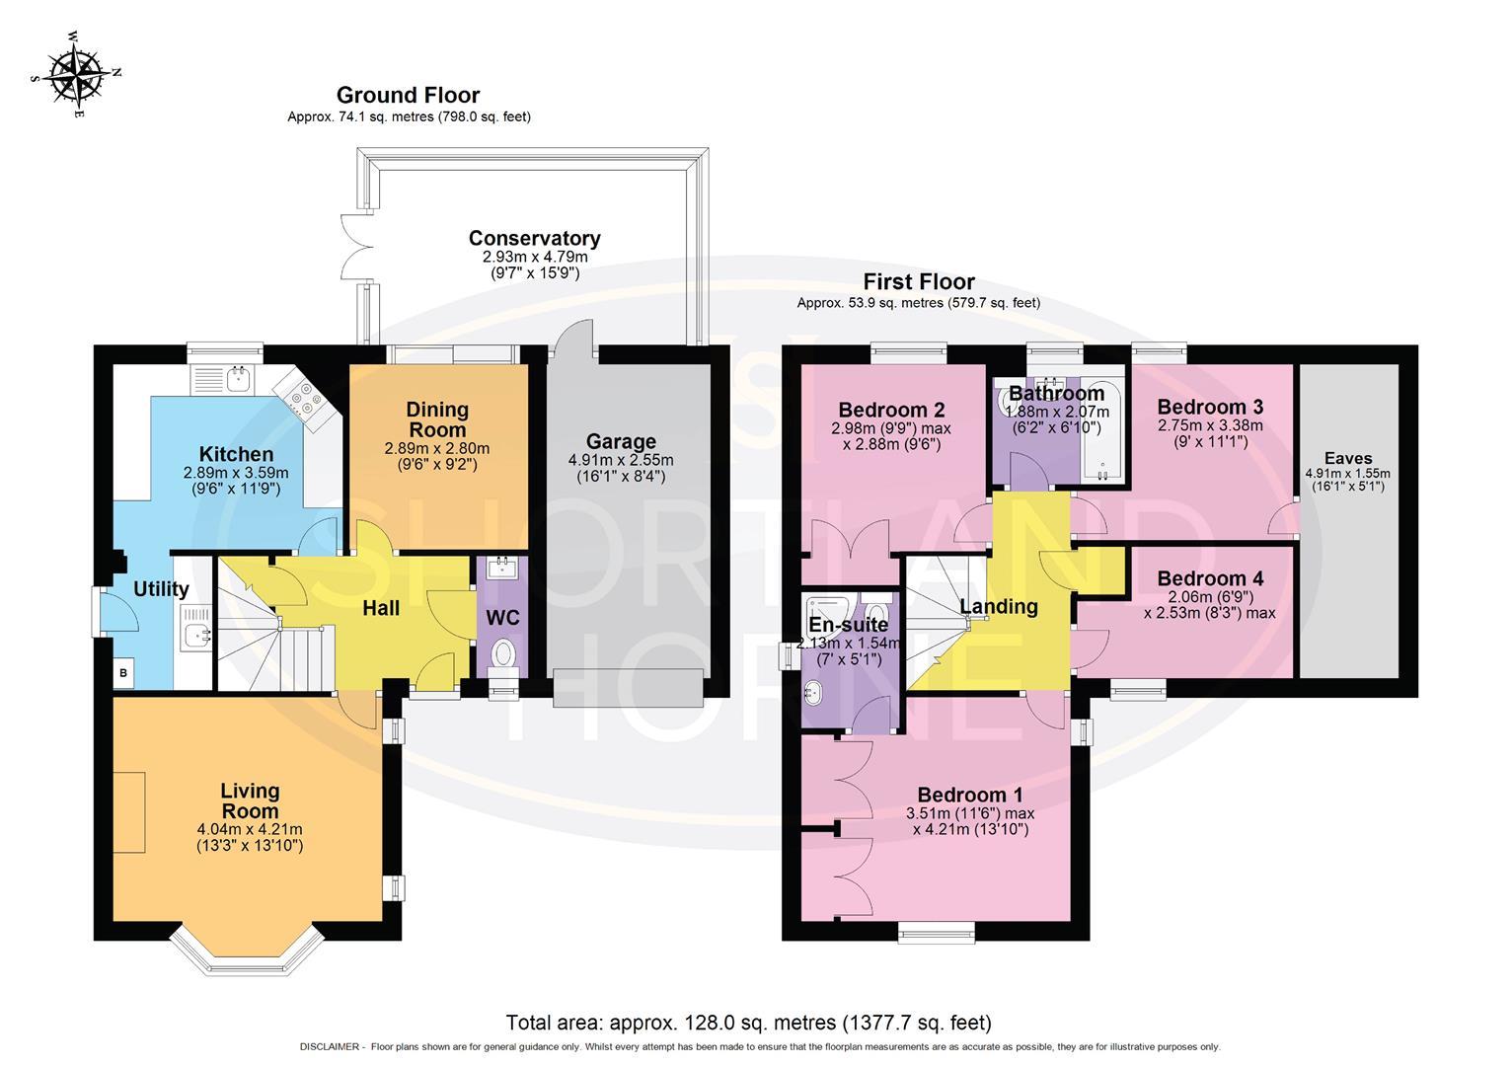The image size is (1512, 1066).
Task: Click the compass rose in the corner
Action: pos(76,76)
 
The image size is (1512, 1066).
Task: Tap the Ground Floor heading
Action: pos(408,95)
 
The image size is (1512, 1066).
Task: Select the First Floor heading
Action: pos(919,281)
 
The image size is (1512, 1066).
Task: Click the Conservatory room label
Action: pos(535,238)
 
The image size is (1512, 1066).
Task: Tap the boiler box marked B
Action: pos(123,672)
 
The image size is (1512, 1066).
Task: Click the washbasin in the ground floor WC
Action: pos(502,568)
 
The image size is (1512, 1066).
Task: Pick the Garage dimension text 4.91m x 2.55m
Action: pos(621,460)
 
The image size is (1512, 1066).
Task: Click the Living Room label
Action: pos(250,800)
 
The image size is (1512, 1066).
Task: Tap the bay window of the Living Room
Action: pos(247,950)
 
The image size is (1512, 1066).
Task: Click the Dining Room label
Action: pos(437,419)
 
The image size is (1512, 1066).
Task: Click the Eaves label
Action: pos(1348,458)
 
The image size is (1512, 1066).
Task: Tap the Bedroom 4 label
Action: pos(1210,578)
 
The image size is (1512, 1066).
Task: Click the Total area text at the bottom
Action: pos(748,1023)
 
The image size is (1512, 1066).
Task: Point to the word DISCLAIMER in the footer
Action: pos(330,1047)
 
